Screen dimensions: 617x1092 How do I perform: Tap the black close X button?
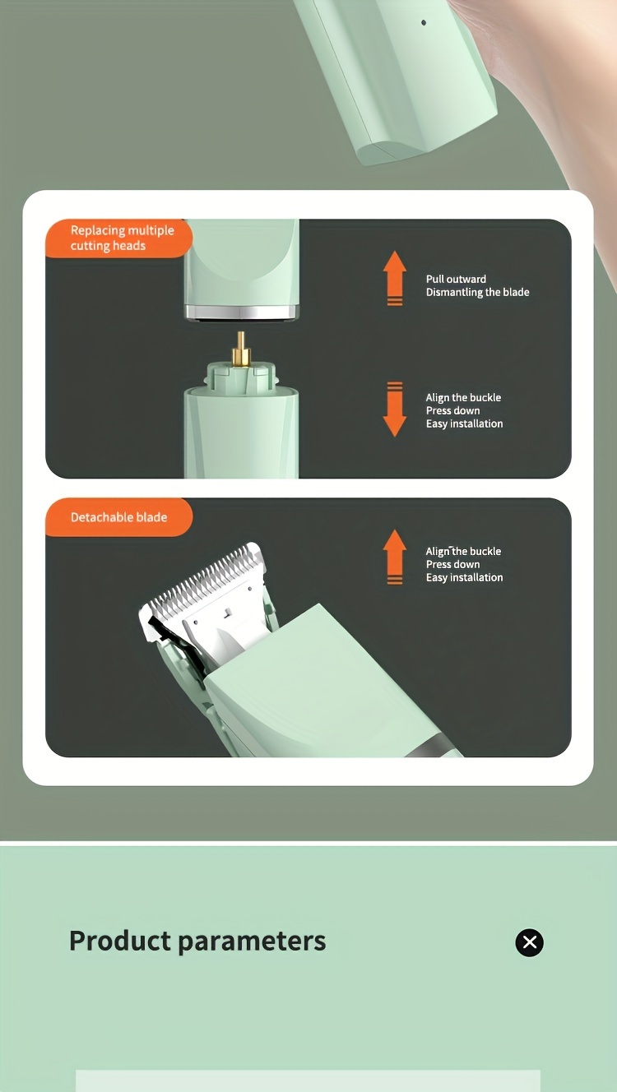pyautogui.click(x=529, y=942)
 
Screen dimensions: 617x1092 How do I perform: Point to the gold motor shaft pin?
pyautogui.click(x=241, y=349)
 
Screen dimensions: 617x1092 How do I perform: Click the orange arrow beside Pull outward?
pyautogui.click(x=395, y=279)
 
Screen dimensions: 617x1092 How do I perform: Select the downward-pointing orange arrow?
pyautogui.click(x=395, y=409)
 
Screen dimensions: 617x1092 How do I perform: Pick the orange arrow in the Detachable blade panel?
pyautogui.click(x=395, y=557)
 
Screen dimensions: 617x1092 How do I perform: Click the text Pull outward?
pyautogui.click(x=456, y=279)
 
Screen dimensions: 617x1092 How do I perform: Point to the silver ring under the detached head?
pyautogui.click(x=241, y=312)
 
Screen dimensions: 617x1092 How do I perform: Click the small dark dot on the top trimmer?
pyautogui.click(x=424, y=22)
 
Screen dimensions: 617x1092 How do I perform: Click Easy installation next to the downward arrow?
pyautogui.click(x=464, y=423)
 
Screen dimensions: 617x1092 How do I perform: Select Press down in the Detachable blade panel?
pyautogui.click(x=453, y=564)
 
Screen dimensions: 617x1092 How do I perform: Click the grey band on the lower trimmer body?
pyautogui.click(x=432, y=746)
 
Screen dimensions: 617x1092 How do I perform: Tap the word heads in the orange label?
pyautogui.click(x=129, y=245)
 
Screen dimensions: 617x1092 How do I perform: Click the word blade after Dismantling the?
pyautogui.click(x=517, y=292)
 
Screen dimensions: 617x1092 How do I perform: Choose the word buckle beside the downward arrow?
pyautogui.click(x=485, y=397)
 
